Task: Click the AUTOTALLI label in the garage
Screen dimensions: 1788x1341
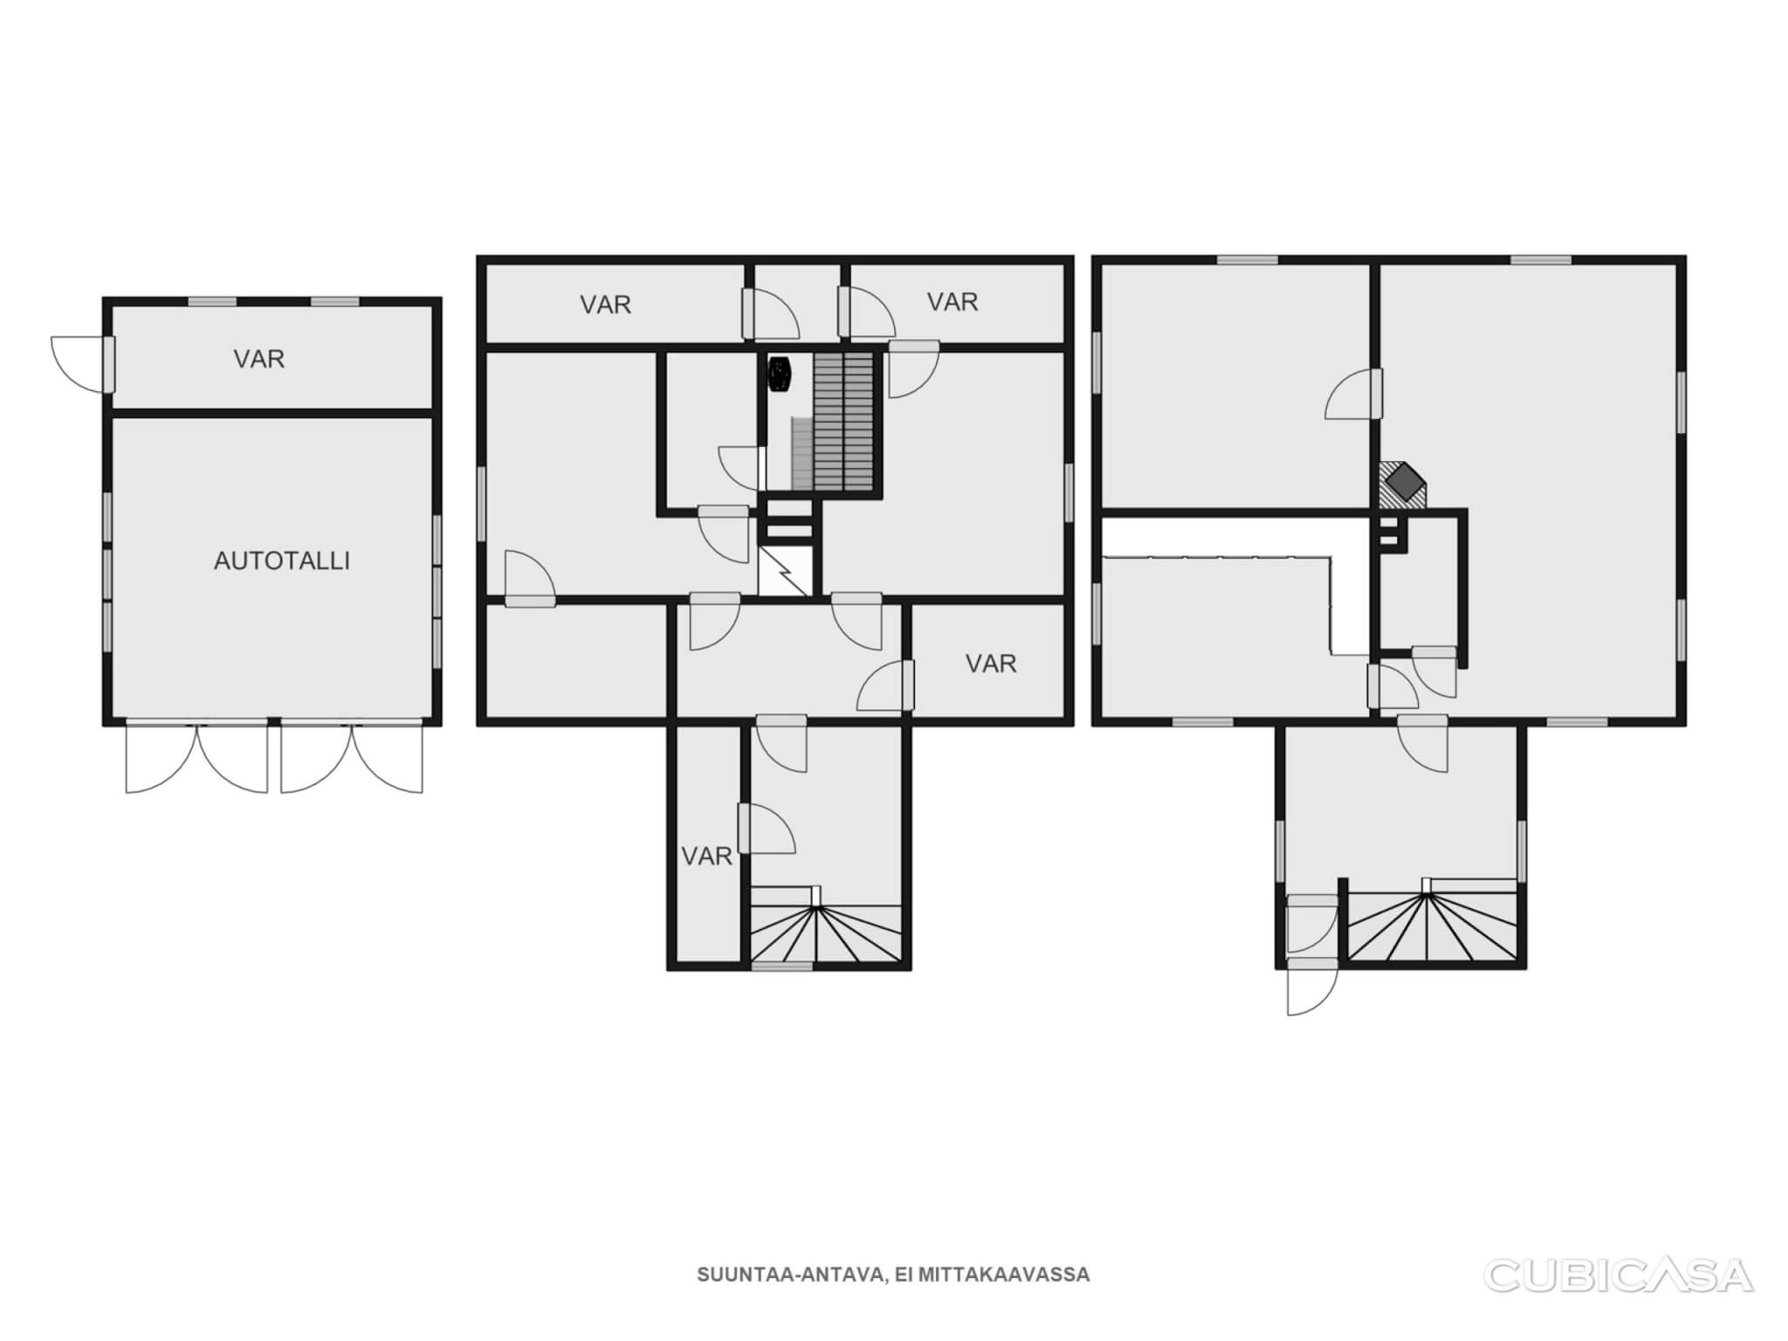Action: click(x=282, y=560)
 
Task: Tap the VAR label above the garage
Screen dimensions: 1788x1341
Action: click(x=258, y=359)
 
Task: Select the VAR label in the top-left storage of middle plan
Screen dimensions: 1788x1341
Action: click(x=605, y=305)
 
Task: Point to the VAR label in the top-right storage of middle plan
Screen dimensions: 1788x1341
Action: click(x=952, y=302)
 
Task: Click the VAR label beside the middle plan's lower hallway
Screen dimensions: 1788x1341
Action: click(x=991, y=664)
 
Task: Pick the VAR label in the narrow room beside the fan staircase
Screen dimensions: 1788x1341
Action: click(x=706, y=856)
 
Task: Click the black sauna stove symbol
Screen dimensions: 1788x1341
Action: click(x=779, y=374)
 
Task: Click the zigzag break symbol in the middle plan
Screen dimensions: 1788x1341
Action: click(x=785, y=571)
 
